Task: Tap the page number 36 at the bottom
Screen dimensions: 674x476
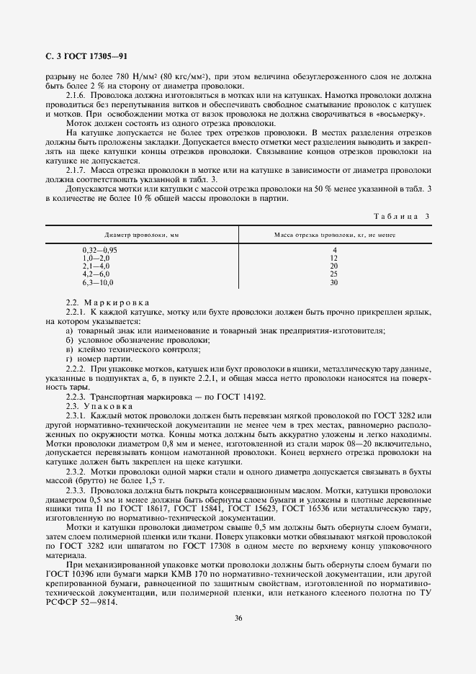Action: tap(238, 616)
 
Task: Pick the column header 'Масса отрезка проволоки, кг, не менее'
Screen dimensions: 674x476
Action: tap(335, 235)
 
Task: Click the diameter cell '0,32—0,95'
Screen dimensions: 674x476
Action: tap(100, 250)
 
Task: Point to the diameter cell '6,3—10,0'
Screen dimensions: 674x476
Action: tap(98, 282)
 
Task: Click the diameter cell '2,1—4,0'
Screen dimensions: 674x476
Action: tap(96, 266)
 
